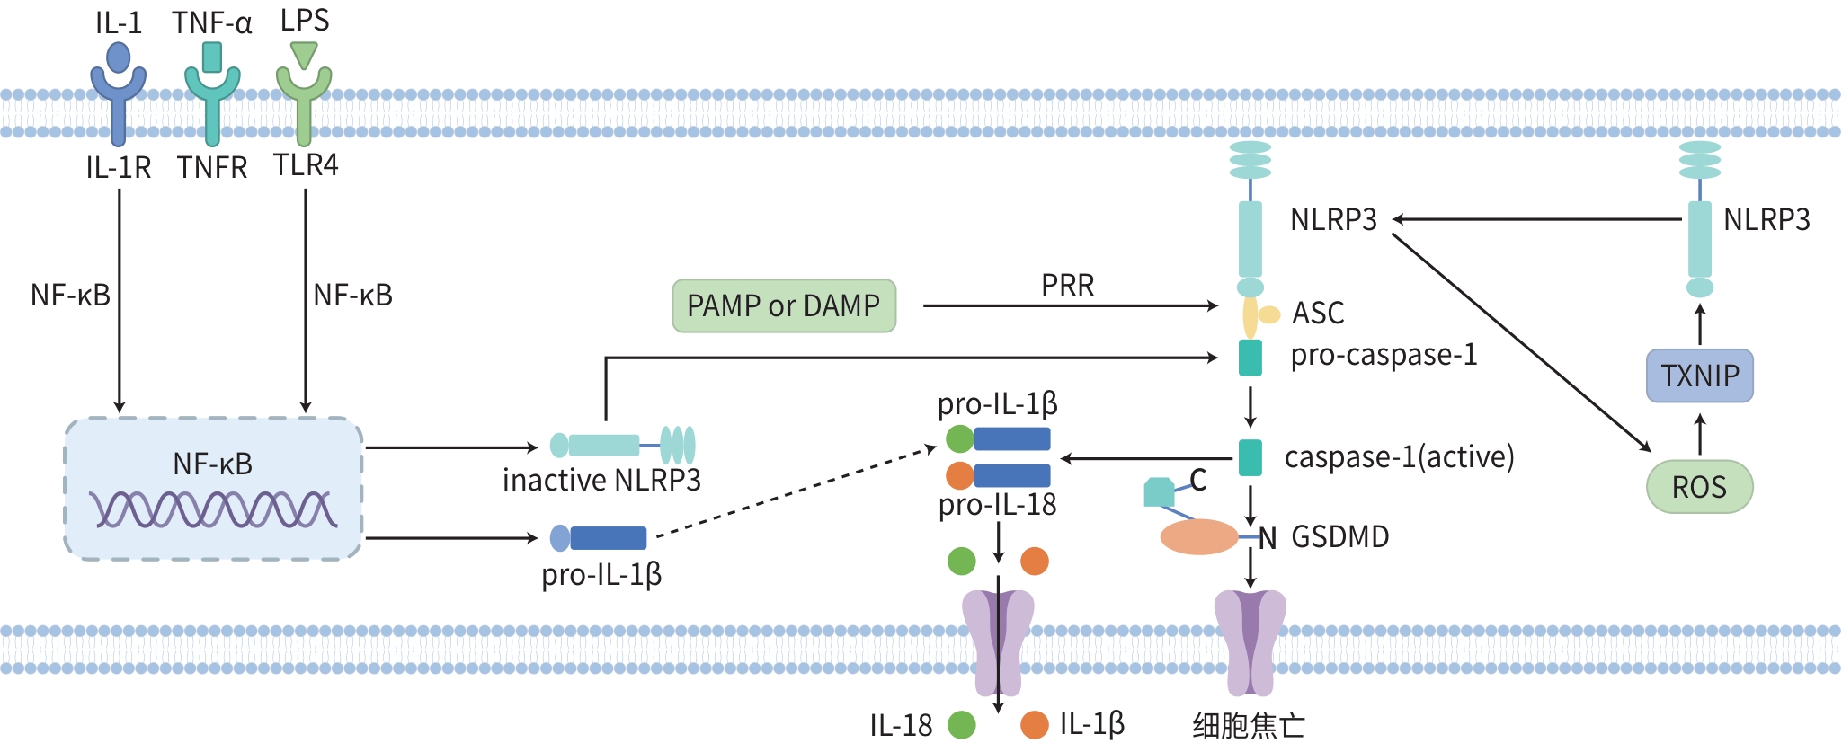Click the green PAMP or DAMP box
pos(784,306)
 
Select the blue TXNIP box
pos(1699,376)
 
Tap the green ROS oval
pos(1699,487)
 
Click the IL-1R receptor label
pos(119,168)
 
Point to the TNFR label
pos(212,168)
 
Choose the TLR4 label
pos(306,165)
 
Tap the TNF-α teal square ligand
pos(212,57)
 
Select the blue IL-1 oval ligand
pos(118,57)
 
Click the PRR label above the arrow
pos(1067,286)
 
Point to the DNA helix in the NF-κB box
pos(213,509)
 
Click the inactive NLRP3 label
pos(601,481)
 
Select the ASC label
pos(1318,313)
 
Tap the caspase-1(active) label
pos(1399,457)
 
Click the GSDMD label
pos(1339,537)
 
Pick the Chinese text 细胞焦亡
pos(1249,725)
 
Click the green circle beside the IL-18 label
pos(962,725)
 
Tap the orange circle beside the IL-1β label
pos(1035,725)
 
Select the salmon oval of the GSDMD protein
pos(1199,537)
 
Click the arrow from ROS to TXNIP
pos(1699,433)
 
